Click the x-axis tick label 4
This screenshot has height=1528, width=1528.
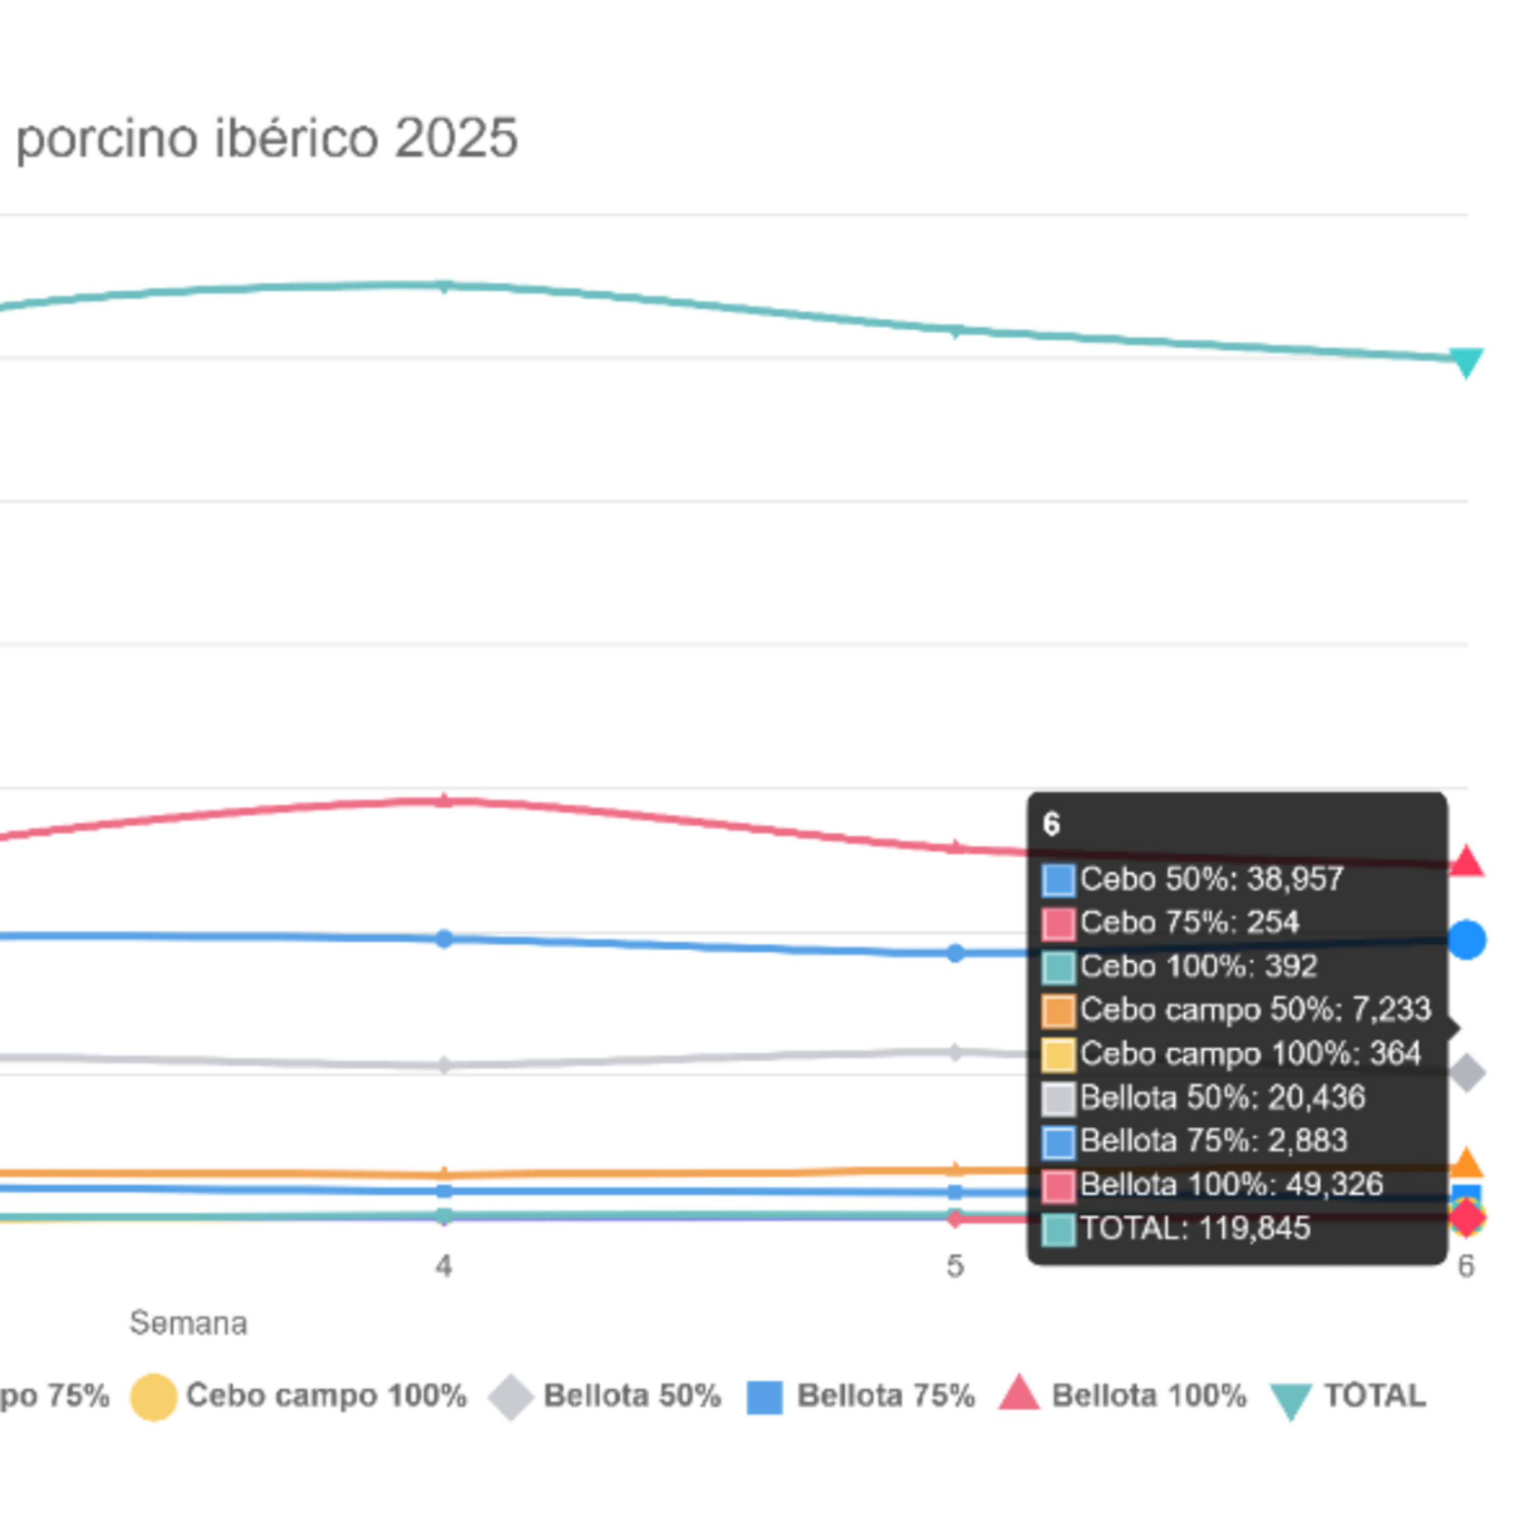click(444, 1266)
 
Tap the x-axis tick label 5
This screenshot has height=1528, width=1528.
click(956, 1266)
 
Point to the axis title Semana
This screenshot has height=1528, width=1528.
click(188, 1323)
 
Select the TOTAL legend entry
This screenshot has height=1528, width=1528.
click(1348, 1396)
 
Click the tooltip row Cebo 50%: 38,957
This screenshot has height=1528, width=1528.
click(1193, 879)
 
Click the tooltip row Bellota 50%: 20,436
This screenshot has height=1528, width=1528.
click(1204, 1097)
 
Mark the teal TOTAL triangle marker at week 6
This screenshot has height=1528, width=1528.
click(1465, 362)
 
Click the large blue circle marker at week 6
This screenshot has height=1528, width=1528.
click(1466, 940)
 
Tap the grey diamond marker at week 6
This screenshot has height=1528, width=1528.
click(1466, 1073)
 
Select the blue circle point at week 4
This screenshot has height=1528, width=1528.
click(445, 939)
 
